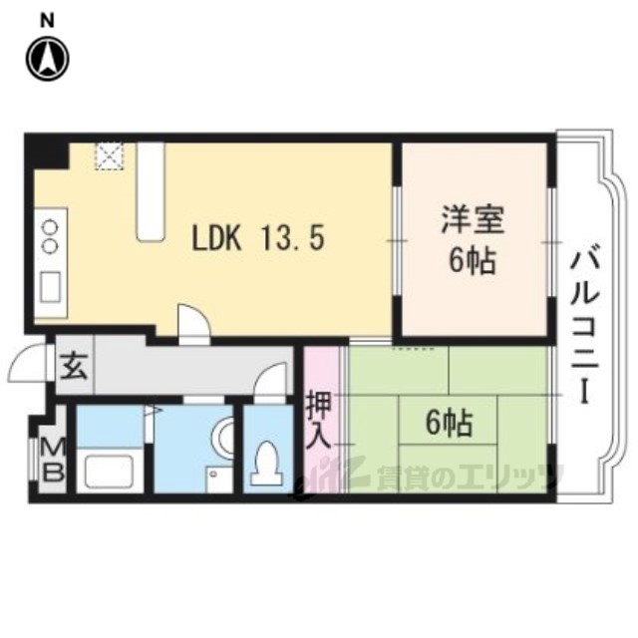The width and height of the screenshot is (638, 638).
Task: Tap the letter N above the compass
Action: coord(47,19)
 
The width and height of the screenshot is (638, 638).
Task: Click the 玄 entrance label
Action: coord(73,366)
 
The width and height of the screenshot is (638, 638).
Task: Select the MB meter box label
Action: coord(52,460)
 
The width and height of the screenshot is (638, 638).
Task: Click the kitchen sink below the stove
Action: coord(49,286)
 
